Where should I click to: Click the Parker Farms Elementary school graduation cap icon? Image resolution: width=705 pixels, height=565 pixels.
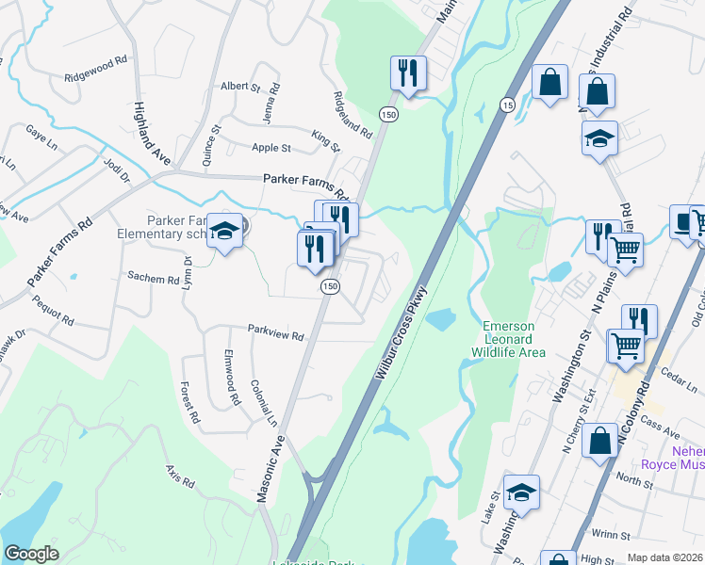click(224, 229)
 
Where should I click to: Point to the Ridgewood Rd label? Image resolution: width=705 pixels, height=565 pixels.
click(96, 70)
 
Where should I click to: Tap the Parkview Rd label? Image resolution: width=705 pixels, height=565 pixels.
click(276, 335)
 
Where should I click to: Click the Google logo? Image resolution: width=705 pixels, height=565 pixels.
click(31, 554)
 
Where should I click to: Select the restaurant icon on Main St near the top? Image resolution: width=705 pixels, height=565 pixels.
click(408, 73)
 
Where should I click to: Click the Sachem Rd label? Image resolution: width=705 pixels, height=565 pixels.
click(153, 280)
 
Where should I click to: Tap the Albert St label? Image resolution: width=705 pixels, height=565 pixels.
click(239, 87)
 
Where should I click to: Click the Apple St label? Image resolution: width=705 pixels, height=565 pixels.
click(271, 148)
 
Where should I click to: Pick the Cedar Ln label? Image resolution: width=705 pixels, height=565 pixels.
click(671, 374)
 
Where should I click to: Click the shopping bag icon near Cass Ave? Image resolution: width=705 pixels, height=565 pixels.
click(599, 442)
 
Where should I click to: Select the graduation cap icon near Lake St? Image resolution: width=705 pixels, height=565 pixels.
click(521, 493)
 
